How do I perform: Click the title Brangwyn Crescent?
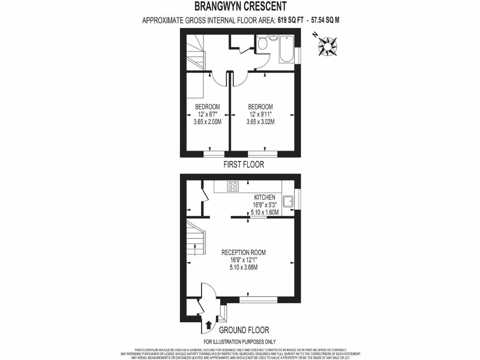240,7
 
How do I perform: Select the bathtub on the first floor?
286,49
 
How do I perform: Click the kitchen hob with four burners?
233,187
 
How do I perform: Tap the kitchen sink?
287,200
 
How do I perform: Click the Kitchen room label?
265,197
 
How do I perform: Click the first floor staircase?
195,54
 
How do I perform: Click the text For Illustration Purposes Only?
240,342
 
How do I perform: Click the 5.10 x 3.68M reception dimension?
243,268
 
